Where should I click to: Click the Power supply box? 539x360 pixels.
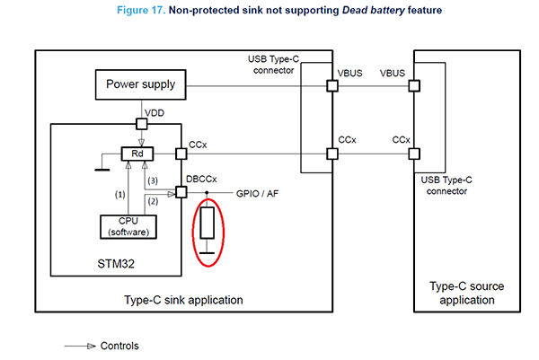pyautogui.click(x=141, y=85)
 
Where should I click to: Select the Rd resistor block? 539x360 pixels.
pyautogui.click(x=137, y=154)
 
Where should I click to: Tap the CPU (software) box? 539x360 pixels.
pyautogui.click(x=128, y=227)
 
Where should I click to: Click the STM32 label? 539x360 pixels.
pyautogui.click(x=116, y=264)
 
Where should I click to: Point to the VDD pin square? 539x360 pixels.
pyautogui.click(x=142, y=124)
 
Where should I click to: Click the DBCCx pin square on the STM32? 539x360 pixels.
pyautogui.click(x=181, y=192)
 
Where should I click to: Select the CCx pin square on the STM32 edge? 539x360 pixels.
pyautogui.click(x=181, y=154)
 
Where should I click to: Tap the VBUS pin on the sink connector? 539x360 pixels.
pyautogui.click(x=332, y=85)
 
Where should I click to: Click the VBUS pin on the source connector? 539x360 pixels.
pyautogui.click(x=414, y=85)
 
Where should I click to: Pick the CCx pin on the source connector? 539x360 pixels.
pyautogui.click(x=414, y=154)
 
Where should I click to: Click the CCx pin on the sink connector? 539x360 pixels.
pyautogui.click(x=332, y=154)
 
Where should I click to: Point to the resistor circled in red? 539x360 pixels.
pyautogui.click(x=208, y=223)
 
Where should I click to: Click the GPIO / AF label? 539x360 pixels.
pyautogui.click(x=257, y=194)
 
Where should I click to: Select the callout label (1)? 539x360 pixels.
pyautogui.click(x=120, y=195)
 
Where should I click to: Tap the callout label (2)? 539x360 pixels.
pyautogui.click(x=153, y=201)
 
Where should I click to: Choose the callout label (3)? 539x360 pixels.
pyautogui.click(x=153, y=180)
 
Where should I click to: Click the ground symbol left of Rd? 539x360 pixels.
pyautogui.click(x=102, y=170)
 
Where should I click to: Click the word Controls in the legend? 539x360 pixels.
pyautogui.click(x=119, y=346)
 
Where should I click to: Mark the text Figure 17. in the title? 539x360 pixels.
pyautogui.click(x=141, y=10)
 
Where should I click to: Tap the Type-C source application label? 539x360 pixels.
pyautogui.click(x=467, y=293)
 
